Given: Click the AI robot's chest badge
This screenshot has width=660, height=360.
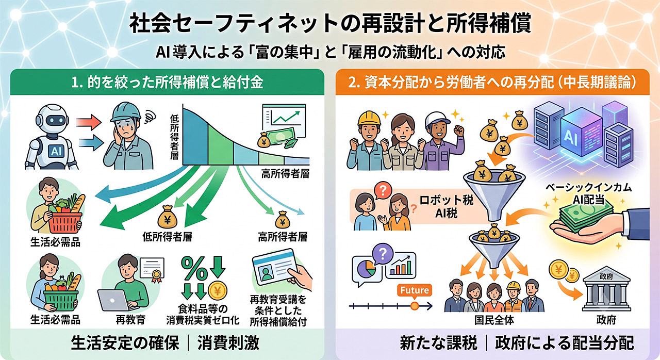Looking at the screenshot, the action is [x=56, y=151].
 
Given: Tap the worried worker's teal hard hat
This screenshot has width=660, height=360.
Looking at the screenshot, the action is [x=125, y=111].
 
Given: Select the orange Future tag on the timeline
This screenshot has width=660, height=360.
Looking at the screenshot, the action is [x=414, y=290].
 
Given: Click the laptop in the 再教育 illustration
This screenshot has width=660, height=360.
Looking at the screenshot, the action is [x=115, y=300].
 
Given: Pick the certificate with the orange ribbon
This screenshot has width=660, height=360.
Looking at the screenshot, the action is [x=152, y=269].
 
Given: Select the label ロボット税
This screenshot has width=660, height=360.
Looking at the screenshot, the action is [x=447, y=201].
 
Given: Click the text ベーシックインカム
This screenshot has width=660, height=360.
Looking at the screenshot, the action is [x=588, y=188].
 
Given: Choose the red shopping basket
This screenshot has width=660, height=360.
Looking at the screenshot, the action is [x=65, y=223].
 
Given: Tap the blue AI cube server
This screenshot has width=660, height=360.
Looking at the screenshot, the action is [x=582, y=136].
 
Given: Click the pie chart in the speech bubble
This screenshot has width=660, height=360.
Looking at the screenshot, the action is [x=366, y=268].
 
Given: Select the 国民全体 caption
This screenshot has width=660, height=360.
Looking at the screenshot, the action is [x=494, y=320].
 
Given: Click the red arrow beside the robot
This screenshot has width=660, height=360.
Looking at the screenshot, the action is [x=89, y=122].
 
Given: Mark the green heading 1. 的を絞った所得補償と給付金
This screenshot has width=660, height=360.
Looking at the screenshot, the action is [x=167, y=82].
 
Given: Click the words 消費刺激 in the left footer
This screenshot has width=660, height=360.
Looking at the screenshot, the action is [x=228, y=343].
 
